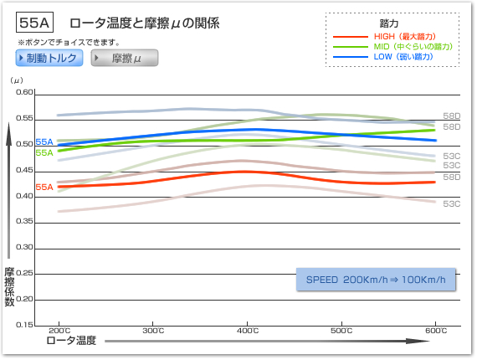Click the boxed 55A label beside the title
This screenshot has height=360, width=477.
(34, 23)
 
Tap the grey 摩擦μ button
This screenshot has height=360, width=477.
(125, 58)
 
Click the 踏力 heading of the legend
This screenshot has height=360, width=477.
(389, 23)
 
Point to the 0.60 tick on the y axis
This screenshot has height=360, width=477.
(24, 92)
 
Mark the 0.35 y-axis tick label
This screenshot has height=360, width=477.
(24, 221)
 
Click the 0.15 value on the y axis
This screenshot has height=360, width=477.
(24, 325)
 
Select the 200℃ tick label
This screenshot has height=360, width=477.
(59, 331)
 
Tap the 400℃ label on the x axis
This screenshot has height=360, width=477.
(248, 331)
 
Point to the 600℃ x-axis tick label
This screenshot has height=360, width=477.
(436, 331)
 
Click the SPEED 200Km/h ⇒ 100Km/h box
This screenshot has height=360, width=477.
(376, 280)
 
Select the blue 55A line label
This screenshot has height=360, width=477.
(44, 141)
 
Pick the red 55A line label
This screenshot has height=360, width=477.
(44, 187)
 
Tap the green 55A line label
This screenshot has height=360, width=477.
(44, 152)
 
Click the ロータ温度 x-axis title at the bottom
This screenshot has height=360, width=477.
(71, 340)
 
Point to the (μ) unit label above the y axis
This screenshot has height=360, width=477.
(17, 80)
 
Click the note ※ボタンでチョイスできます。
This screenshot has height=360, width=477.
(69, 43)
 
